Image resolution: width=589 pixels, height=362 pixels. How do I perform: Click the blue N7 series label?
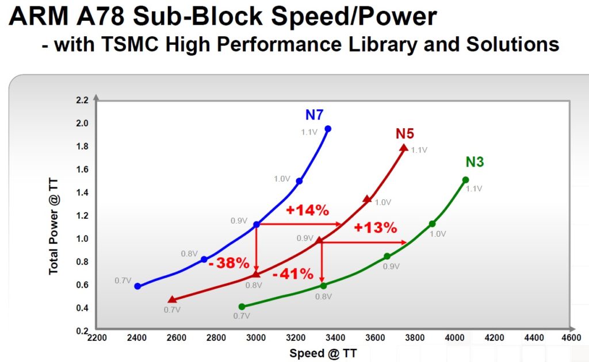315,115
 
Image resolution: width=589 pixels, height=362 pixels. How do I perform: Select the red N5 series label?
404,133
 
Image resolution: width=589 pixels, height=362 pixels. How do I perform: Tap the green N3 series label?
475,162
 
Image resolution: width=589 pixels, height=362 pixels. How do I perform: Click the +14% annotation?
307,210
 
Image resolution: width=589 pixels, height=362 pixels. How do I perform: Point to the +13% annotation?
376,228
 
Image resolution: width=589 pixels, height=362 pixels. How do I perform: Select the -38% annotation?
229,264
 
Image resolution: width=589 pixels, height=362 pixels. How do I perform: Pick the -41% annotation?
292,274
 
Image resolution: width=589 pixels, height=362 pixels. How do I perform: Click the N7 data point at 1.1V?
328,129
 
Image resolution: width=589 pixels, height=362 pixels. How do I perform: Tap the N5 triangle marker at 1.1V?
404,148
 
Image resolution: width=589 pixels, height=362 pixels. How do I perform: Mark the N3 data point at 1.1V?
465,180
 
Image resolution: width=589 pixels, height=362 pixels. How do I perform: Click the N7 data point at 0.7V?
137,286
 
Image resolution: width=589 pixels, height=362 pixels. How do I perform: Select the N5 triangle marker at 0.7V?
171,299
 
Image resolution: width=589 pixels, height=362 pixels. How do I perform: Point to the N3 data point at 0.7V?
242,307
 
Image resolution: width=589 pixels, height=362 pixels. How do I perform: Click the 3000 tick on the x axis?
257,338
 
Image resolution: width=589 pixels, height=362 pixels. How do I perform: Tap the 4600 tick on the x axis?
571,338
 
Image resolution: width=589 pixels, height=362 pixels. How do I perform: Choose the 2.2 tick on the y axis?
82,101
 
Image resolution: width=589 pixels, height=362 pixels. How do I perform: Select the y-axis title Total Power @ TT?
53,226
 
